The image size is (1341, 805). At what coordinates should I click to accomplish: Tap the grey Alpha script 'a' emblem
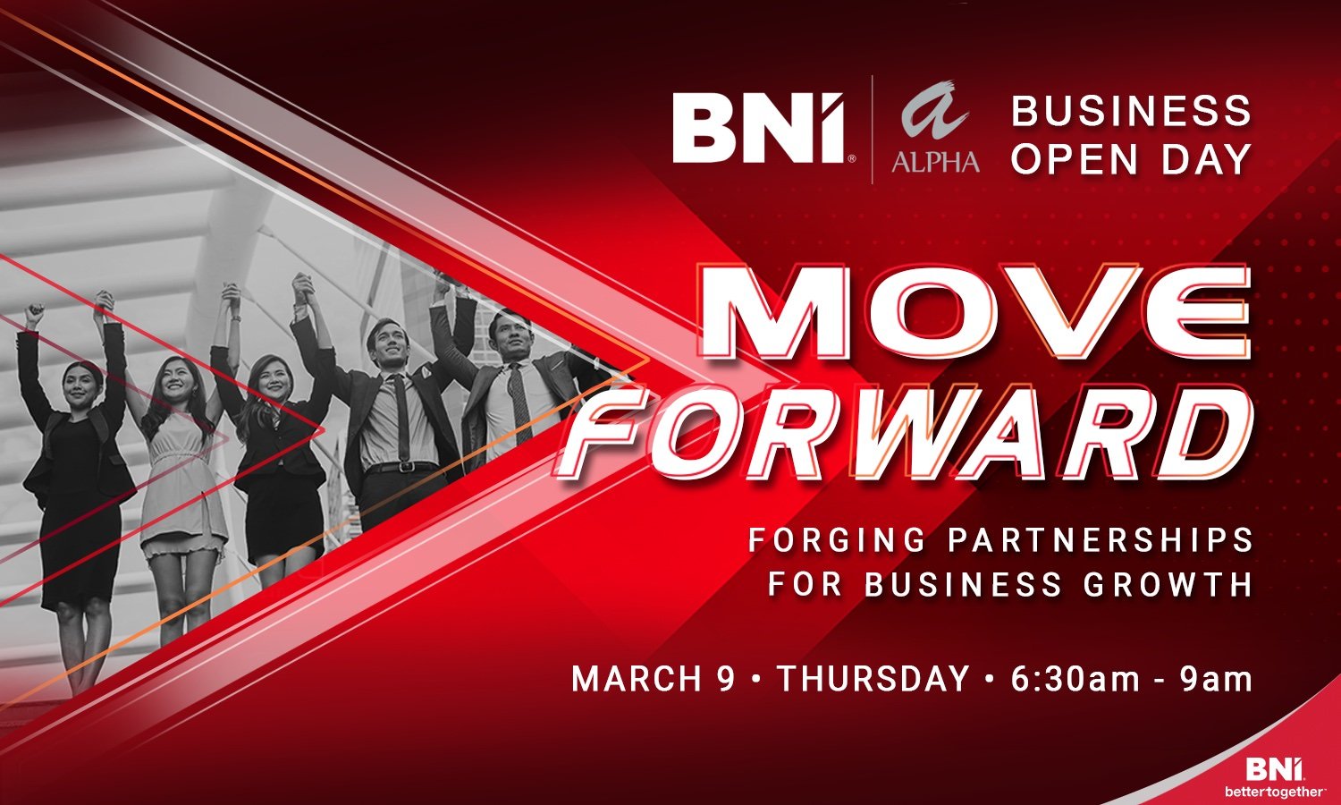933,114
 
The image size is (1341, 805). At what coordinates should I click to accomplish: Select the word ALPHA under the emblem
935,161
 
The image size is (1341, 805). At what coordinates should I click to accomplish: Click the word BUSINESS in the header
1131,112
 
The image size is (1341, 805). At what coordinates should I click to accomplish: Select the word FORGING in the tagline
824,540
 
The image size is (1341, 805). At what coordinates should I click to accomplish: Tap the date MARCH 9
653,679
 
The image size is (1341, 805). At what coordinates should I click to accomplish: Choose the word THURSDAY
873,679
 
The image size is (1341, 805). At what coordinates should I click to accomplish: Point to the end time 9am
1216,679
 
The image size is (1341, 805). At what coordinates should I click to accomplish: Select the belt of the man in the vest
401,467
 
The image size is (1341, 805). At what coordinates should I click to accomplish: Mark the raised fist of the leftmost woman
34,313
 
